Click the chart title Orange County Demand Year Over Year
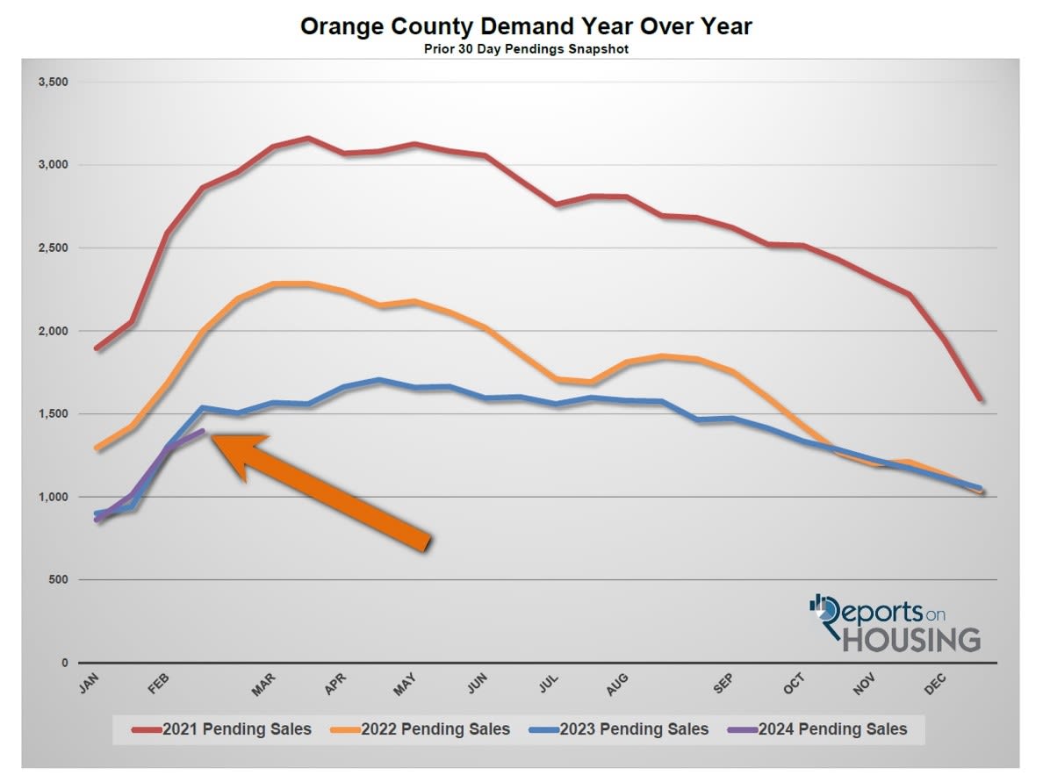coord(526,26)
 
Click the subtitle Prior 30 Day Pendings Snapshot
coord(526,49)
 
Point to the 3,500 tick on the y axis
coord(54,82)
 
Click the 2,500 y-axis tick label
coord(54,248)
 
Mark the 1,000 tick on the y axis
coord(54,497)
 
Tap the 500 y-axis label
coord(58,580)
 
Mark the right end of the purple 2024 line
coord(203,430)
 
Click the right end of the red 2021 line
coord(980,399)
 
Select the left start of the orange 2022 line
coord(97,448)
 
